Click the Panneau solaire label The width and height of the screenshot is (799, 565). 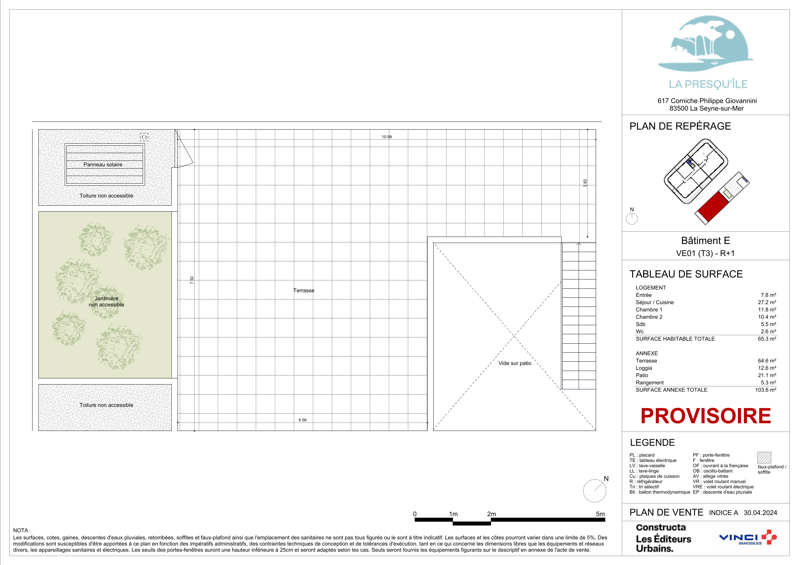103,165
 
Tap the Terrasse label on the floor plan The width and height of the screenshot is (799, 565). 304,290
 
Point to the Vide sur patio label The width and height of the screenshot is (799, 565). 515,363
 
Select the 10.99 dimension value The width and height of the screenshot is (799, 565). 387,137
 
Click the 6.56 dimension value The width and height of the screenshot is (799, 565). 303,420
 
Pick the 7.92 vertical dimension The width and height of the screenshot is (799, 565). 192,280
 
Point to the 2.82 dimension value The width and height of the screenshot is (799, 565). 585,183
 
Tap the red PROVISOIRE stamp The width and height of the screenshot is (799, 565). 706,416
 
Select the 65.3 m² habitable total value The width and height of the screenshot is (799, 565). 767,339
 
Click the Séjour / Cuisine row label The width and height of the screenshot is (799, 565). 655,302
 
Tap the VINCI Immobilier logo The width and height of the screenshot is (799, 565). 747,538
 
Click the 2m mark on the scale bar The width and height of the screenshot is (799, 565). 491,514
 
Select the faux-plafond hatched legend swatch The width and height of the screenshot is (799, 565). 764,457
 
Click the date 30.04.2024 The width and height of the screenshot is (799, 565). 760,513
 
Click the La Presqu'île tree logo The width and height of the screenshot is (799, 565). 706,44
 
